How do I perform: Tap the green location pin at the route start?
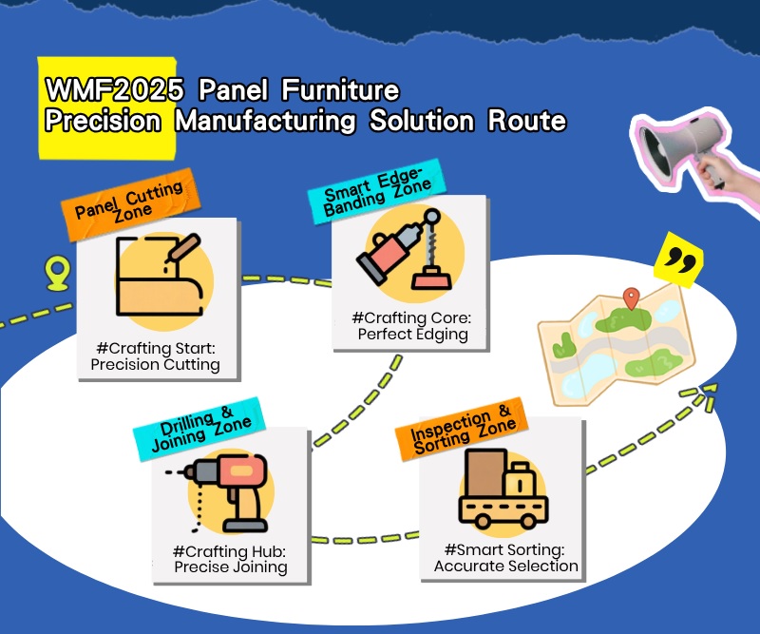(58, 274)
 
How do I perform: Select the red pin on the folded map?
(631, 298)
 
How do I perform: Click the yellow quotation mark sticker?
(678, 259)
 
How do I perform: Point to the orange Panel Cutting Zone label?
(131, 204)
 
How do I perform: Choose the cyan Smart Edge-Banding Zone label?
(377, 191)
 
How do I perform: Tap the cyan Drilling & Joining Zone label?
(199, 429)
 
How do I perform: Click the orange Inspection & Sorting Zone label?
(462, 429)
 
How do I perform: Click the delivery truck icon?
(503, 489)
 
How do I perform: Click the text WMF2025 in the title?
(114, 90)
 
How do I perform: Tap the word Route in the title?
(527, 121)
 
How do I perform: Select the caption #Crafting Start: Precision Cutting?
(156, 356)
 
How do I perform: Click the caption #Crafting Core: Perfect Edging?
(412, 326)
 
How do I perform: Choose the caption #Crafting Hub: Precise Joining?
(230, 559)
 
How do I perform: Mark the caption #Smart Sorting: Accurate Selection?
(505, 558)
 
